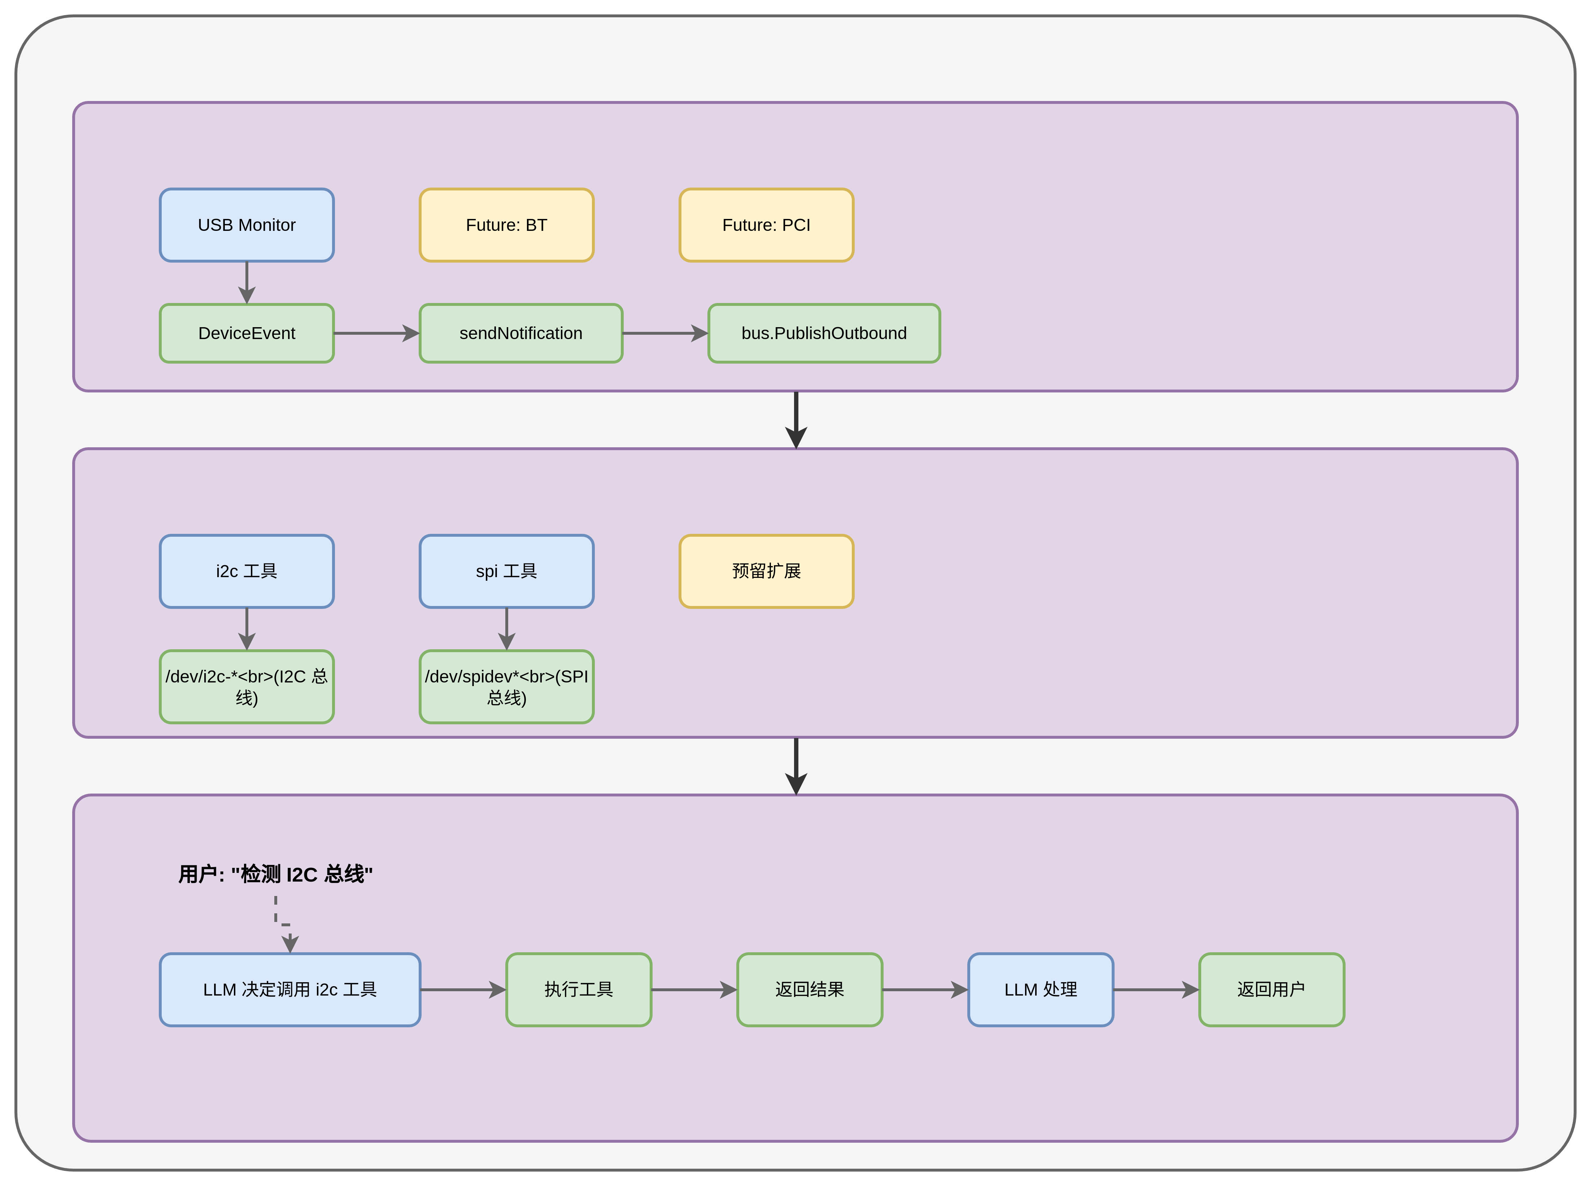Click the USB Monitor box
pos(247,225)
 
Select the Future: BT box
pos(506,225)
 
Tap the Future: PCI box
pos(766,225)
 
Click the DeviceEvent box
pos(247,333)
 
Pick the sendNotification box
pos(521,333)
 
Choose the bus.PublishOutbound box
pos(824,333)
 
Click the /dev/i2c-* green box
pos(247,687)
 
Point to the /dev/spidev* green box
pos(506,687)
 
